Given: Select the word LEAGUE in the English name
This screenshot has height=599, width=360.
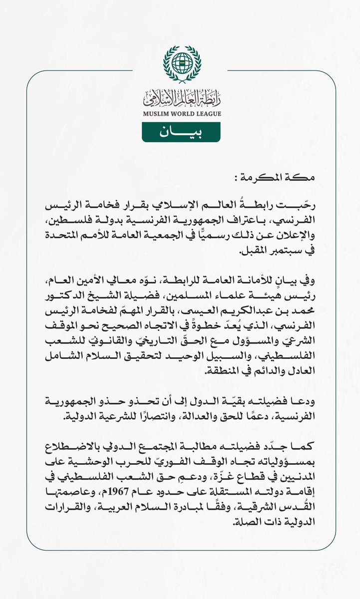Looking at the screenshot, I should (x=209, y=113).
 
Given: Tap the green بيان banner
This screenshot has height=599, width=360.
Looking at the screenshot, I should (x=182, y=132).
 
